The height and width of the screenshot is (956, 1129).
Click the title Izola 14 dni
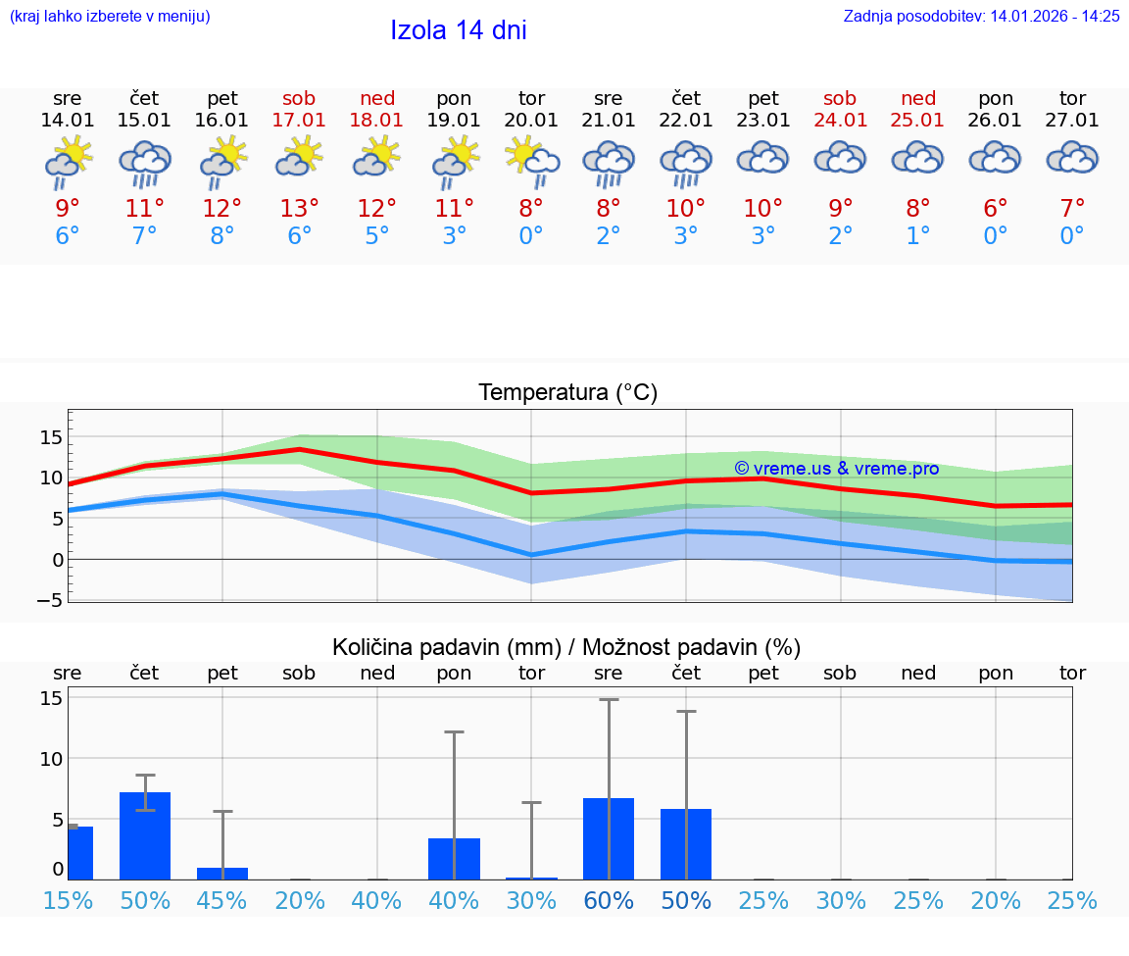point(459,30)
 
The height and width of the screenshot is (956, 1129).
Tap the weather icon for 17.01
point(299,158)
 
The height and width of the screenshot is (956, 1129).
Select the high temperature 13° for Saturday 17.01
point(299,208)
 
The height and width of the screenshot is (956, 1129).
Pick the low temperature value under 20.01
point(531,236)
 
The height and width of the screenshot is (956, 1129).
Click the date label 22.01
point(686,120)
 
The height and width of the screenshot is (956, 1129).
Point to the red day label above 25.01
point(918,98)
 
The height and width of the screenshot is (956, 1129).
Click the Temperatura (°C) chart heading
point(567,393)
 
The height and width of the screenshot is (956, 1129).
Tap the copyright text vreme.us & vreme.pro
point(836,469)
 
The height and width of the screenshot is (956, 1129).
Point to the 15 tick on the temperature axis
point(51,436)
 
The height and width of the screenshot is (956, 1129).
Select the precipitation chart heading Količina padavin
point(566,647)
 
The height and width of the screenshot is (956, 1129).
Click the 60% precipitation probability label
point(609,901)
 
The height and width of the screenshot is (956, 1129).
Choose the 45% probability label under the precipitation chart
point(222,901)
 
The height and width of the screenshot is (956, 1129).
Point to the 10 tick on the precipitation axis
point(51,758)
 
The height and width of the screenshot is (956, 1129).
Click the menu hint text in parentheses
point(109,16)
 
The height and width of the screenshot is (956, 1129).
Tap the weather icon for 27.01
point(1072,158)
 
